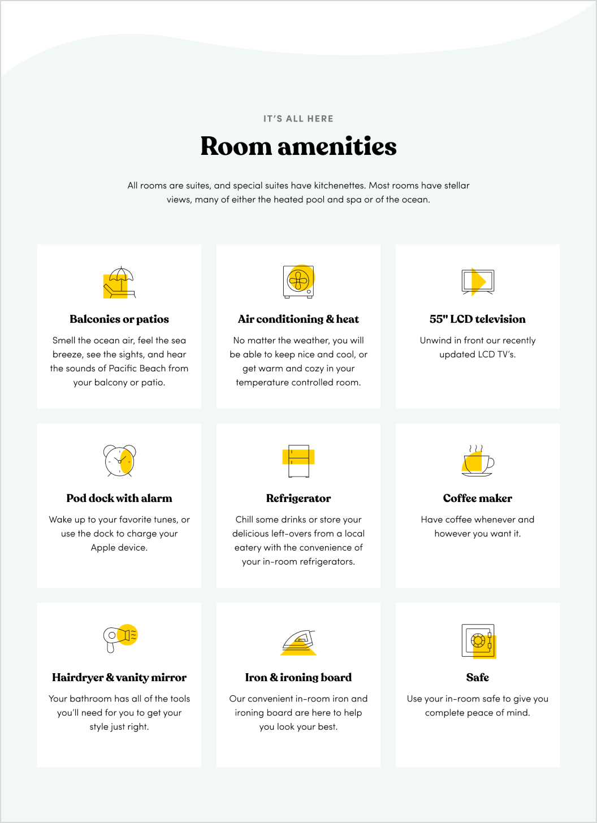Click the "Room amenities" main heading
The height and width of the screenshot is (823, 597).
(298, 146)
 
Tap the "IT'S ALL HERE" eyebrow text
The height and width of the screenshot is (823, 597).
(298, 119)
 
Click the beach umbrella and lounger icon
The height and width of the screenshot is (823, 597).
(119, 282)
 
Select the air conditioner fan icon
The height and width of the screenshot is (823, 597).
(298, 281)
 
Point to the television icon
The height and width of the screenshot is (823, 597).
(478, 281)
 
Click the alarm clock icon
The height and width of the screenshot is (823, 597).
(119, 461)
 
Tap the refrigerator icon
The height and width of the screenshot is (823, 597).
(298, 461)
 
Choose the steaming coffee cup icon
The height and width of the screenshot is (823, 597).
(478, 461)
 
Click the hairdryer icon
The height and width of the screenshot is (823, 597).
(119, 639)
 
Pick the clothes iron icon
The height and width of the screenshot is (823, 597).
(298, 642)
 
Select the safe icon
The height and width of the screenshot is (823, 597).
(478, 640)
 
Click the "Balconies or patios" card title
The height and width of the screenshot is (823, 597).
(119, 319)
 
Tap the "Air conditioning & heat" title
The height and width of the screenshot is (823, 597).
(298, 319)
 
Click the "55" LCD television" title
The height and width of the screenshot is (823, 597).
(478, 319)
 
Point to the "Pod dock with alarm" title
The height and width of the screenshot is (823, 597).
(119, 499)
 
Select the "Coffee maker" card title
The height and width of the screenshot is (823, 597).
(478, 499)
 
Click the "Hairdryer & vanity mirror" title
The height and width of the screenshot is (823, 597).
(119, 678)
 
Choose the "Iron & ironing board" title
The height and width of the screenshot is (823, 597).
(298, 678)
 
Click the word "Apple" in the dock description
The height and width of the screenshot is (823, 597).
(103, 548)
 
